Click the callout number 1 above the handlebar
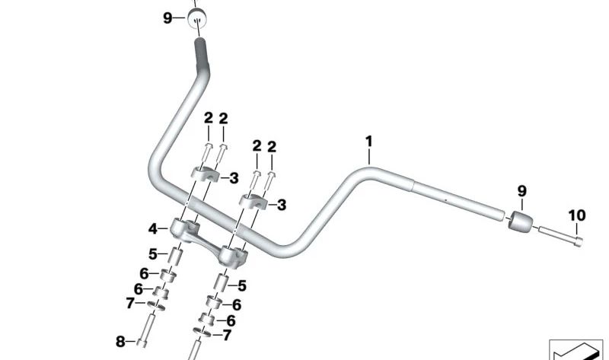pyautogui.click(x=369, y=142)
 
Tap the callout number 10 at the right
pyautogui.click(x=576, y=216)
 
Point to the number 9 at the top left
pyautogui.click(x=167, y=18)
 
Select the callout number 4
pyautogui.click(x=152, y=228)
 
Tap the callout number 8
pyautogui.click(x=120, y=342)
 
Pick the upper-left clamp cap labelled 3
pyautogui.click(x=204, y=175)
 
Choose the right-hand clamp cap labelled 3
pyautogui.click(x=255, y=202)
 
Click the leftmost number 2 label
pyautogui.click(x=208, y=118)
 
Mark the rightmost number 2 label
pyautogui.click(x=272, y=146)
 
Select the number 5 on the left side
pyautogui.click(x=152, y=253)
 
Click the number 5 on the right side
pyautogui.click(x=242, y=286)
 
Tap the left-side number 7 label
pyautogui.click(x=129, y=303)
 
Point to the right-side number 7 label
pyautogui.click(x=227, y=335)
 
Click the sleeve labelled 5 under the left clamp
pyautogui.click(x=174, y=256)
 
